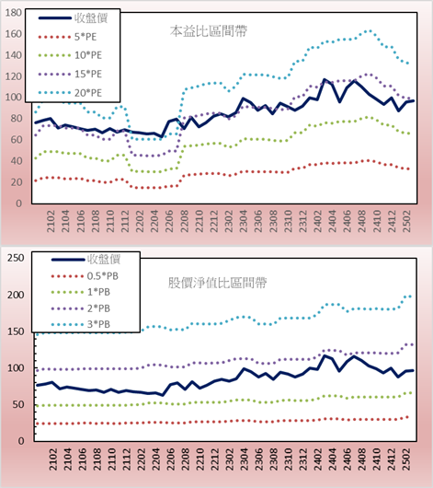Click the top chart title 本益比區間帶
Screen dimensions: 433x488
209,31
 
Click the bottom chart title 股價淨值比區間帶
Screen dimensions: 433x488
217,283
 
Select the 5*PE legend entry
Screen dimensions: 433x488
67,37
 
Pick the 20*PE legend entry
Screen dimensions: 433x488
70,93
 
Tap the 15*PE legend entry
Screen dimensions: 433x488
70,74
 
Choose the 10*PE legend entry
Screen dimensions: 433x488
70,55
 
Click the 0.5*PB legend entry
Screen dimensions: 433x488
85,276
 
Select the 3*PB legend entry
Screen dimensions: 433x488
81,324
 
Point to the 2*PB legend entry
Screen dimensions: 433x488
81,308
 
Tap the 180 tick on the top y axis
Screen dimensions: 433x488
14,13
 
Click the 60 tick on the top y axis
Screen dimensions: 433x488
17,140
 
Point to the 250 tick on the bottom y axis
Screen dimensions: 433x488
16,258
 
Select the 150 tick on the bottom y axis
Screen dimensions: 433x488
16,331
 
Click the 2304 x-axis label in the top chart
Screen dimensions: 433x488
244,221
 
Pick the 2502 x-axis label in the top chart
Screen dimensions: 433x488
406,221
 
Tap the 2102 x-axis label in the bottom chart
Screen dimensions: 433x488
52,459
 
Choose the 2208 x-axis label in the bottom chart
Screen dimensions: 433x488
186,459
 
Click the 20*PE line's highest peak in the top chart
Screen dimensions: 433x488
369,30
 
